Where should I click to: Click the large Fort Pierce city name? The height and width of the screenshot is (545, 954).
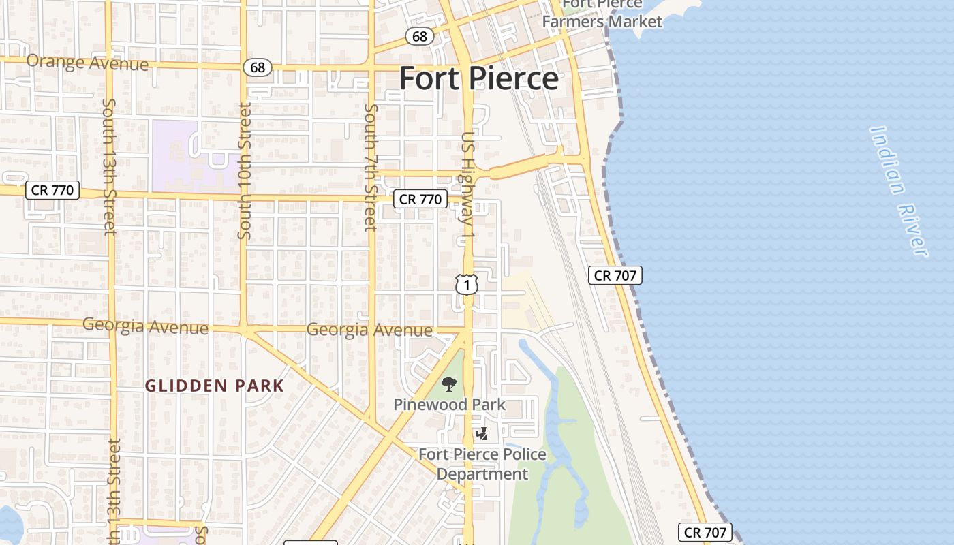coord(478,78)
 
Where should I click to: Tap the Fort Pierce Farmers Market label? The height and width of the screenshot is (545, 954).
coord(602,14)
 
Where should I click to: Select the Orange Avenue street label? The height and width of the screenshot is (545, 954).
coord(87,63)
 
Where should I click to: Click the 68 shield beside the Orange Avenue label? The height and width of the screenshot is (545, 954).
coord(258,67)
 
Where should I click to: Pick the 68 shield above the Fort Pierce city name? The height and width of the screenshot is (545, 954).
coord(420,36)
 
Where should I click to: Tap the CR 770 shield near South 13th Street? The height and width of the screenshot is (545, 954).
coord(53,190)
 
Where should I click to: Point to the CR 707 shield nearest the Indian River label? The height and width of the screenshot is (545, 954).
coord(615,275)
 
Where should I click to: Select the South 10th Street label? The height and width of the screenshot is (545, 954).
coord(245,170)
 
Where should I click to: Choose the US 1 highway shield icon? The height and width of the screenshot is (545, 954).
coord(467,285)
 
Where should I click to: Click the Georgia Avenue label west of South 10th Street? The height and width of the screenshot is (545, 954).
coord(145,326)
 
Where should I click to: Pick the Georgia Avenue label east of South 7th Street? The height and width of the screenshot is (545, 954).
coord(369,330)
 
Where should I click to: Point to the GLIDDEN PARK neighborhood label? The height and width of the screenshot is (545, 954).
coord(215,386)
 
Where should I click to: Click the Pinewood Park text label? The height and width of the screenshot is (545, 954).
coord(449,405)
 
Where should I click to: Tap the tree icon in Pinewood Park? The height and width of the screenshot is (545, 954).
coord(448,385)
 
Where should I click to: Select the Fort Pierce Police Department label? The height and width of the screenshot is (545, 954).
coord(482,464)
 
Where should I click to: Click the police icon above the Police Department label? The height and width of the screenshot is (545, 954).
coord(482,433)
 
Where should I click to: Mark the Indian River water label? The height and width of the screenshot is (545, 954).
coord(899,192)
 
